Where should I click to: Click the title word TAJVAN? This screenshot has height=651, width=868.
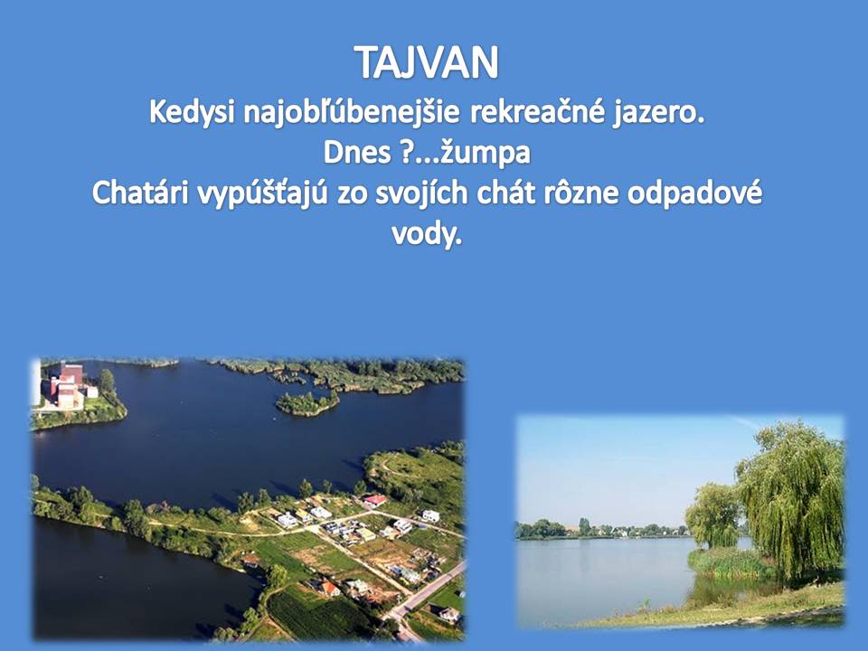pyautogui.click(x=426, y=62)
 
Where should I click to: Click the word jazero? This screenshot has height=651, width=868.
pyautogui.click(x=659, y=114)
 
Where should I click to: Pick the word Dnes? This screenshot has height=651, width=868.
pyautogui.click(x=357, y=153)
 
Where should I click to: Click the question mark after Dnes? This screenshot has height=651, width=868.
pyautogui.click(x=405, y=153)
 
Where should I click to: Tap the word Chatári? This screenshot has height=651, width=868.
pyautogui.click(x=141, y=193)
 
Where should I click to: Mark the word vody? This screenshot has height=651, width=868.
pyautogui.click(x=426, y=234)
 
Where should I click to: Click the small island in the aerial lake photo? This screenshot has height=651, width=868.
pyautogui.click(x=307, y=402)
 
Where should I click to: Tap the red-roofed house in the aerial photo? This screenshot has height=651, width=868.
pyautogui.click(x=374, y=501)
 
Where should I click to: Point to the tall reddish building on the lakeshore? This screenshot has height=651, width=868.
pyautogui.click(x=66, y=385)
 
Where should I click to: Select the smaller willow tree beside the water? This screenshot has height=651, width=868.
pyautogui.click(x=713, y=514)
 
